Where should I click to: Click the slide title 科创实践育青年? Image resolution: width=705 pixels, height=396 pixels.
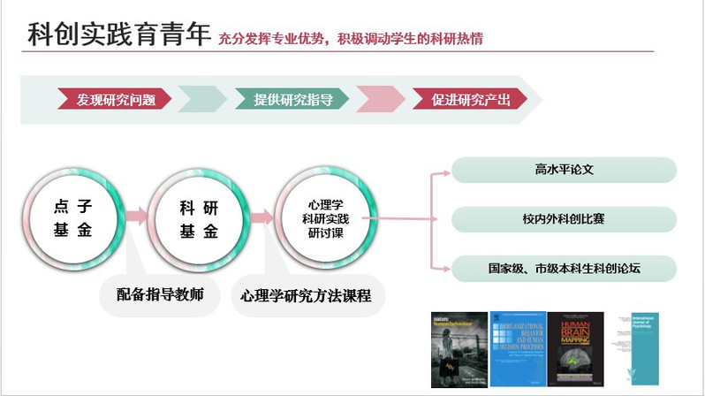119,34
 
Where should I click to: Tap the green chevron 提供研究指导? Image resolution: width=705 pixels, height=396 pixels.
292,99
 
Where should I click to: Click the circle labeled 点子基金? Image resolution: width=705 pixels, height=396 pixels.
72,218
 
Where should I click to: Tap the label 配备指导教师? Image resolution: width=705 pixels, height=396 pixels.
161,294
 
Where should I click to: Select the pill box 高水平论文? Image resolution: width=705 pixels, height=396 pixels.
564,170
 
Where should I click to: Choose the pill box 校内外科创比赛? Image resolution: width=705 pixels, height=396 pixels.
564,219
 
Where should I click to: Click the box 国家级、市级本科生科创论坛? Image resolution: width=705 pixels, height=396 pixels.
564,268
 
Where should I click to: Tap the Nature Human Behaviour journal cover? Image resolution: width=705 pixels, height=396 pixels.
459,349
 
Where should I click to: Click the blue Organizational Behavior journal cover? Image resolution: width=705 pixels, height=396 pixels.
517,349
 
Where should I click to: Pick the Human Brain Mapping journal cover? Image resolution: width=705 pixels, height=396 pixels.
575,349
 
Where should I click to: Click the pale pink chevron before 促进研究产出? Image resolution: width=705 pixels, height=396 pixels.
380,99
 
